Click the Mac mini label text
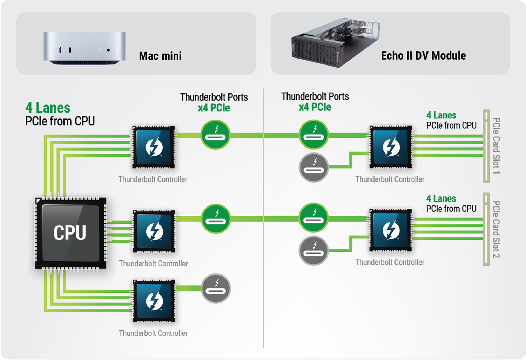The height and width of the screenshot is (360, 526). click(x=160, y=56)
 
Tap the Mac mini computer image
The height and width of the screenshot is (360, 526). click(x=85, y=48)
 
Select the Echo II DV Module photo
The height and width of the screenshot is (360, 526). click(x=335, y=43)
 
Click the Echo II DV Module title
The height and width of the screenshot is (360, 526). click(x=423, y=56)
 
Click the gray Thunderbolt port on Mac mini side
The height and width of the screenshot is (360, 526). click(x=216, y=288)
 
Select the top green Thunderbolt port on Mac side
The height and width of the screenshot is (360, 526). click(x=215, y=135)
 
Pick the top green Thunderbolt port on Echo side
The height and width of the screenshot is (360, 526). click(x=313, y=135)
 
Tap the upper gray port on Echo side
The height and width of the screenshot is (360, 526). click(x=313, y=168)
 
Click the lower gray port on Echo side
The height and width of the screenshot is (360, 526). click(x=313, y=251)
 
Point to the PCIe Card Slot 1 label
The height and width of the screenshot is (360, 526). click(x=496, y=145)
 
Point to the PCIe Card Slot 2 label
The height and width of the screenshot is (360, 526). click(x=496, y=229)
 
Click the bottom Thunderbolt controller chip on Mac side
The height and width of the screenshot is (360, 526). click(x=154, y=301)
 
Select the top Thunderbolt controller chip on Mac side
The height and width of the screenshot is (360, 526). click(x=154, y=147)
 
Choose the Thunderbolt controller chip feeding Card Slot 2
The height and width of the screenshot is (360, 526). click(x=391, y=230)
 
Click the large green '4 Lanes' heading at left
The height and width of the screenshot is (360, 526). click(x=48, y=108)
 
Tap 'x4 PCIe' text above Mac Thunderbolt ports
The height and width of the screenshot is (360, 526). click(x=214, y=108)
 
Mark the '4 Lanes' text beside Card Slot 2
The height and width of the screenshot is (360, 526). click(x=441, y=199)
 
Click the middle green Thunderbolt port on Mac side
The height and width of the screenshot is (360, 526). click(x=216, y=219)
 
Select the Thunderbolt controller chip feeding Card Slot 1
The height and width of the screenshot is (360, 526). click(x=391, y=147)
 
